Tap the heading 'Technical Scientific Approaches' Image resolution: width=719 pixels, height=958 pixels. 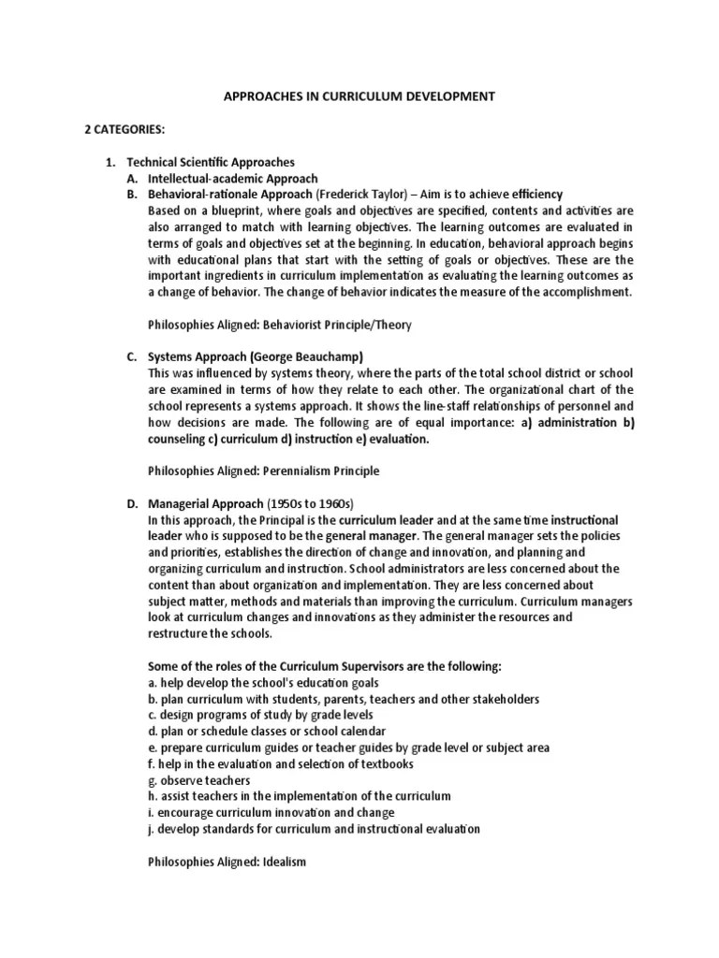[211, 163]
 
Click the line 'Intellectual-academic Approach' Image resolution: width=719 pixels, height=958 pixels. [233, 179]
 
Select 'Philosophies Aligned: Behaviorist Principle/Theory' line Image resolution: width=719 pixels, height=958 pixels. [280, 325]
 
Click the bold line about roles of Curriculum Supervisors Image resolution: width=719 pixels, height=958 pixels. [325, 666]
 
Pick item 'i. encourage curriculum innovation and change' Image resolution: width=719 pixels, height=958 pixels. [271, 812]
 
